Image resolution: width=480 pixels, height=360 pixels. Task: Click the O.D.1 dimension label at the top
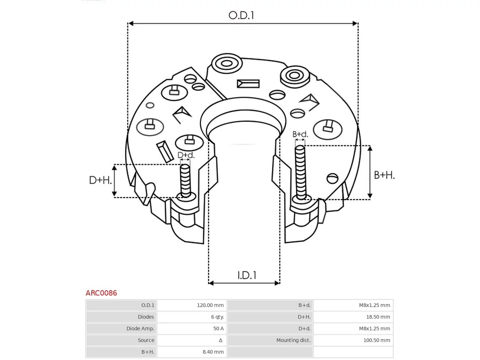click(241, 15)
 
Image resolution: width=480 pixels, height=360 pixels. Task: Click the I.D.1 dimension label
click(247, 275)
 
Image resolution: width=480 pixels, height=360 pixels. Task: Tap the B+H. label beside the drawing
click(384, 175)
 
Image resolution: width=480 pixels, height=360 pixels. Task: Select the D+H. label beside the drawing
click(100, 180)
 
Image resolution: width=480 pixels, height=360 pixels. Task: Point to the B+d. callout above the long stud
click(300, 134)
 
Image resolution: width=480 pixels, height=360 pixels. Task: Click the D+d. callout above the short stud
click(186, 155)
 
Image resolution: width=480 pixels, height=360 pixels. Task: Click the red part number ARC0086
click(101, 293)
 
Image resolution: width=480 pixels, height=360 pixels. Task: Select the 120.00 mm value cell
click(210, 305)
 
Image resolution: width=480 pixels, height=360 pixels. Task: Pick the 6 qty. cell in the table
click(217, 317)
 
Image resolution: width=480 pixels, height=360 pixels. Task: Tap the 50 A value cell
click(219, 328)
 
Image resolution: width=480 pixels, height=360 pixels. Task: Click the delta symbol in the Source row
click(220, 340)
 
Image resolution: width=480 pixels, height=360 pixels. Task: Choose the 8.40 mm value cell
click(213, 352)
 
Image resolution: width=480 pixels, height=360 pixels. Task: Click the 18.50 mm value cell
click(378, 317)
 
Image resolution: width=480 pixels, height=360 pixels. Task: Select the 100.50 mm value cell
click(376, 340)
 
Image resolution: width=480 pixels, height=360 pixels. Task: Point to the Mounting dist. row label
click(293, 340)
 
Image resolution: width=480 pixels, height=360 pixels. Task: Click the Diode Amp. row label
click(140, 328)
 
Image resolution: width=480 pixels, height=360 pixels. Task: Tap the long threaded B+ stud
click(300, 172)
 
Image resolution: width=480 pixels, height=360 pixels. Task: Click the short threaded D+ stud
click(185, 180)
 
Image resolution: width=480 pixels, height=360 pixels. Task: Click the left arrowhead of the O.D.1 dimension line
click(130, 23)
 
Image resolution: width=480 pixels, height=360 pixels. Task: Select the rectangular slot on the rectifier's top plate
click(248, 84)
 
